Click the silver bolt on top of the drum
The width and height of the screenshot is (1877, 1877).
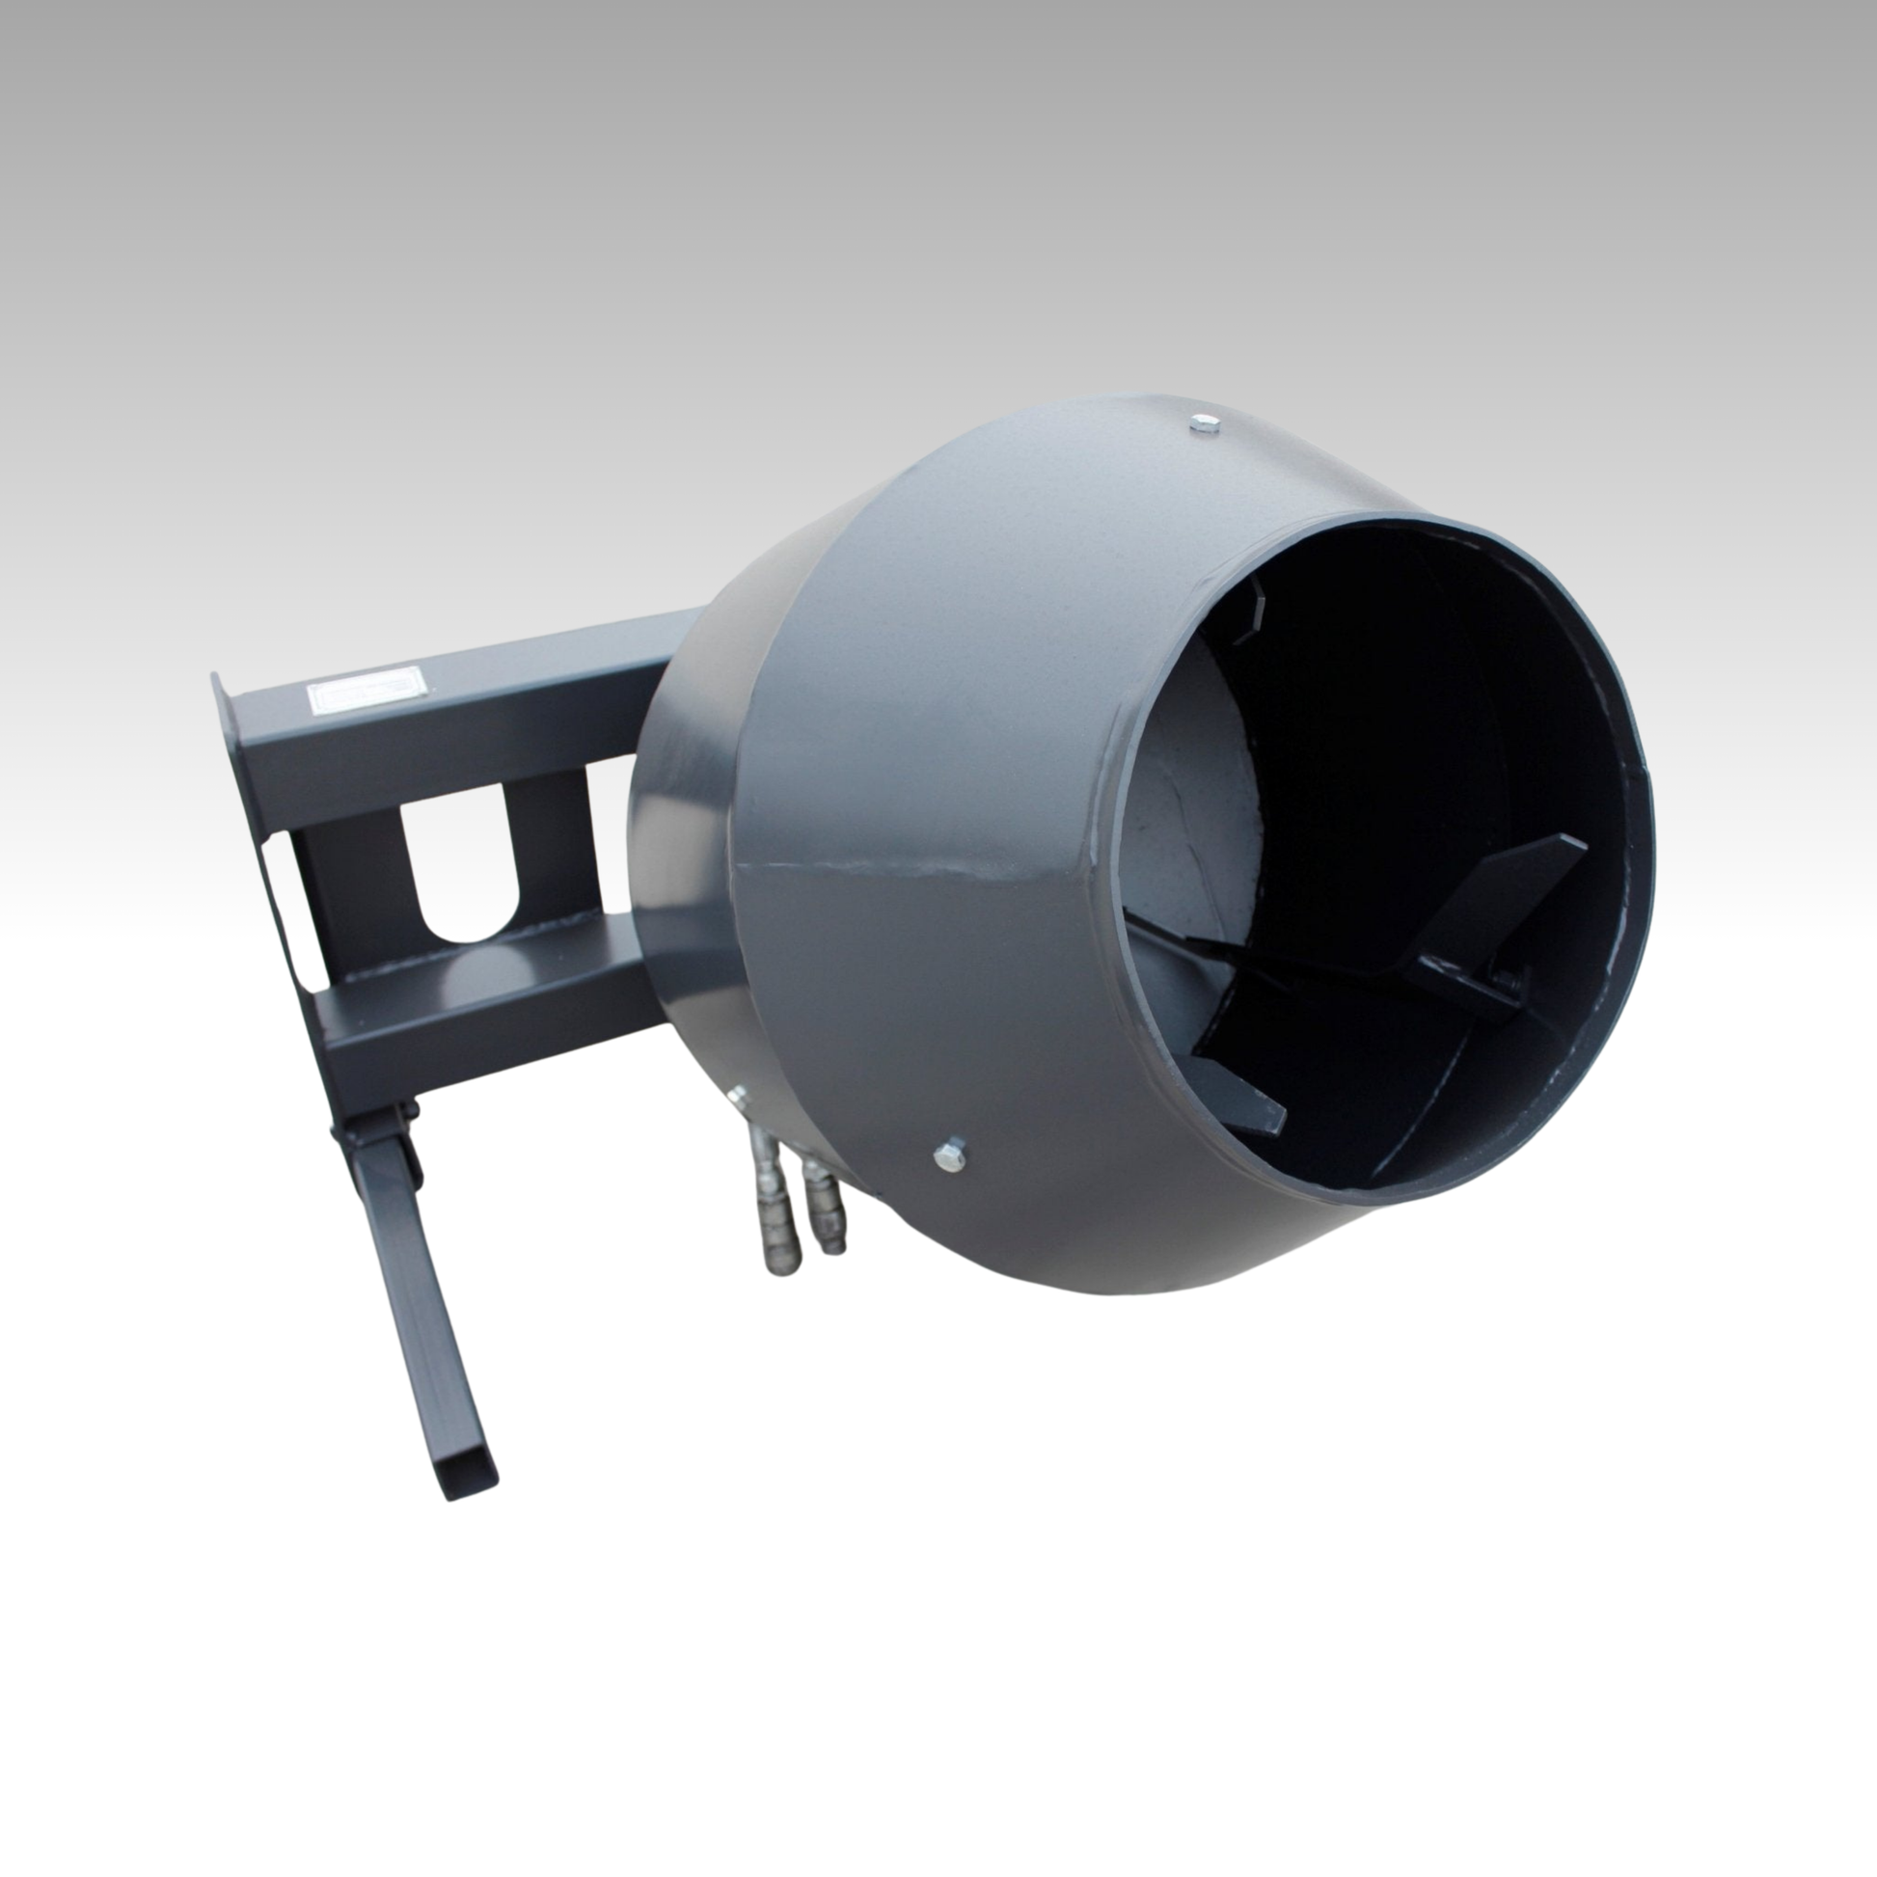[x=1206, y=423]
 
